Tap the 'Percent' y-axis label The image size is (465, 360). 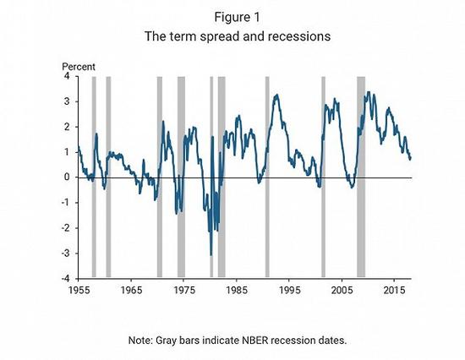click(x=79, y=66)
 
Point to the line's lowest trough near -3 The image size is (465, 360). click(x=211, y=254)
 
